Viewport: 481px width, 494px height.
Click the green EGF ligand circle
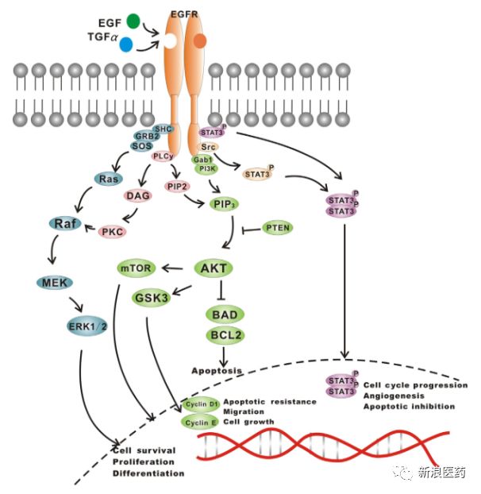tap(133, 21)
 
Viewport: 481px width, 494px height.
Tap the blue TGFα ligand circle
tap(126, 44)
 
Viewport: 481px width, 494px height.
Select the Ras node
tap(108, 179)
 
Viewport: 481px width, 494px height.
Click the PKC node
tap(111, 231)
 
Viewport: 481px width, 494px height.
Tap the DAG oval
tap(138, 195)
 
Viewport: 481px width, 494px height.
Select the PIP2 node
tap(177, 186)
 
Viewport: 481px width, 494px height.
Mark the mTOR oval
tap(136, 268)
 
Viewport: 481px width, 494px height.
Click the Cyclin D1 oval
tap(201, 404)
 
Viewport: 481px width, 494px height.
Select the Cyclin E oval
tap(200, 422)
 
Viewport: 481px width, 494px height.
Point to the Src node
tap(209, 147)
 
